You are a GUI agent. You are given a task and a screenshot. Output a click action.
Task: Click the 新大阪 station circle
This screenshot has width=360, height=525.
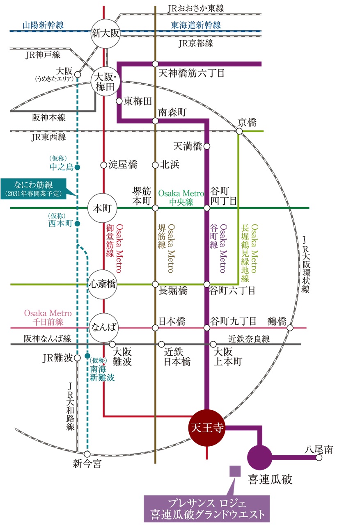coord(105,34)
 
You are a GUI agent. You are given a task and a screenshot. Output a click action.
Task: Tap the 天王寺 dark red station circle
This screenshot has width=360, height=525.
coord(206,428)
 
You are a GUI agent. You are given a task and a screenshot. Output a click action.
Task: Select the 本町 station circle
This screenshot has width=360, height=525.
coord(102,208)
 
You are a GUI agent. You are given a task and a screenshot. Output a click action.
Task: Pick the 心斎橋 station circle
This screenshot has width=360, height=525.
coord(102,284)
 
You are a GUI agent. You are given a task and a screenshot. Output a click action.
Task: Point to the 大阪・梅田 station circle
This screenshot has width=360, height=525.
coord(105,81)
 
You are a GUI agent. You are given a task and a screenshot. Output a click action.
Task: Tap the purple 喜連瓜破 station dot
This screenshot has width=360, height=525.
coord(259,457)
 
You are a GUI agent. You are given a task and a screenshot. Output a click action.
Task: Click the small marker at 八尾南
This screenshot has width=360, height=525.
coord(319,457)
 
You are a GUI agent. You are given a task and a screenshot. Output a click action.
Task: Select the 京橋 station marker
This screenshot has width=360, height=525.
coord(239,131)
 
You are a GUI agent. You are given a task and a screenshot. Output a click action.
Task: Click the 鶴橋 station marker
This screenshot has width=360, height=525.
coord(290,327)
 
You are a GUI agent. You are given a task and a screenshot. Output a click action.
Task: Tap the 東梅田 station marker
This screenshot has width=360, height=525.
coord(119,101)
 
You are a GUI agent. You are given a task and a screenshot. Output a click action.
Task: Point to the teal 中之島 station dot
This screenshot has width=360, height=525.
coord(77,167)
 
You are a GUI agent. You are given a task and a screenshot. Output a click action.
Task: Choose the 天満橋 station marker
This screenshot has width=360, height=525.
coord(206,146)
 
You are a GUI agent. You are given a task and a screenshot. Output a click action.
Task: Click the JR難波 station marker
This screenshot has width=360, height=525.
coord(77,358)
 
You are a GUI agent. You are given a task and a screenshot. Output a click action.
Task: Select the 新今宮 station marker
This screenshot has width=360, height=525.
coord(87,454)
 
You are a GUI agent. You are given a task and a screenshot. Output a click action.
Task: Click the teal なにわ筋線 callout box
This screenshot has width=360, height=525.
coord(34,189)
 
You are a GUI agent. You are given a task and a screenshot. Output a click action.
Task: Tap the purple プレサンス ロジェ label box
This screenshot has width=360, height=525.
coord(206,509)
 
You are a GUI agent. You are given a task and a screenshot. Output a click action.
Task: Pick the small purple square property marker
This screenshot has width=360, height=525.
coord(235,471)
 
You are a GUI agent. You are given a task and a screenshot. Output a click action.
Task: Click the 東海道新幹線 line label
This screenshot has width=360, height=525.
coord(196,25)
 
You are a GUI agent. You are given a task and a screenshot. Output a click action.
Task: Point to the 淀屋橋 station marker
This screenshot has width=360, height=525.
coord(104,165)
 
